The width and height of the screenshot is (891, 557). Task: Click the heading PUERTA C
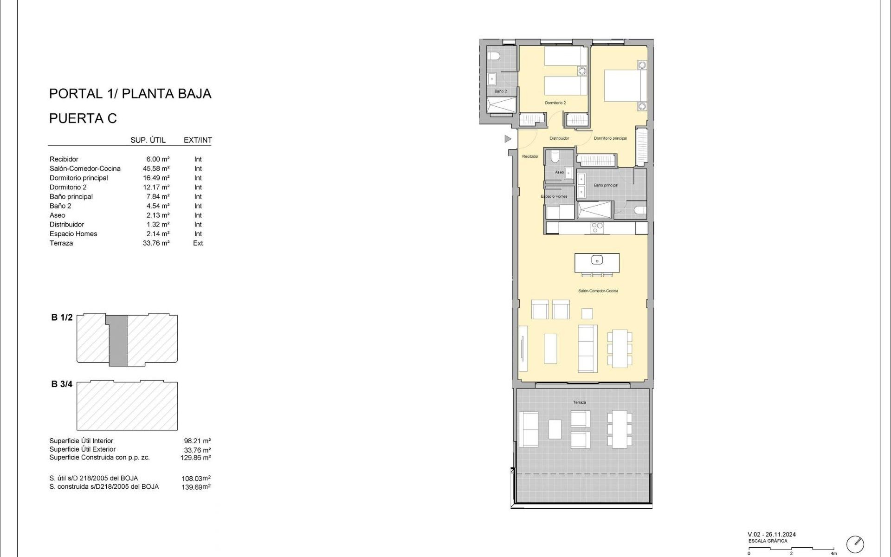(x=83, y=118)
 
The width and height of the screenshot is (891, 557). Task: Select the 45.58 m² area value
(x=156, y=168)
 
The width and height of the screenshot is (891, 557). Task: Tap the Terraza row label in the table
(x=61, y=243)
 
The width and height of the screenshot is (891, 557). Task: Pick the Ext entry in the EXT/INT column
(x=198, y=243)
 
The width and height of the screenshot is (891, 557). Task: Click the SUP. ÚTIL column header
(x=148, y=140)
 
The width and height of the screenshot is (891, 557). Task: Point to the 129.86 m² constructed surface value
(x=195, y=458)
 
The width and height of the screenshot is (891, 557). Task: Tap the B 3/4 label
(x=62, y=384)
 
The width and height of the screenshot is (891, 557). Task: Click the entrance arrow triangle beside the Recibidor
(x=508, y=139)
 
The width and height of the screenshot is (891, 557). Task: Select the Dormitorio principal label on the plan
(x=610, y=138)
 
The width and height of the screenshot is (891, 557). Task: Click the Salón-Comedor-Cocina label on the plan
(x=598, y=291)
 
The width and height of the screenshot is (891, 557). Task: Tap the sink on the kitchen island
(x=597, y=260)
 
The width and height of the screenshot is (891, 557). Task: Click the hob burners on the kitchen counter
(x=597, y=227)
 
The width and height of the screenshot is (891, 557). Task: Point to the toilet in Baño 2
(x=493, y=56)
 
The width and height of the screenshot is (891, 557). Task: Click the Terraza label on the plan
(x=579, y=402)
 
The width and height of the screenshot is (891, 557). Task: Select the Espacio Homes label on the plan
(x=554, y=196)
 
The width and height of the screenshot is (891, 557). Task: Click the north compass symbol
(x=855, y=544)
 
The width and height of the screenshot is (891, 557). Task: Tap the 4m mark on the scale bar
(x=833, y=553)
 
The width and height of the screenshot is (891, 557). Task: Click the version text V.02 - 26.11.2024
(x=771, y=534)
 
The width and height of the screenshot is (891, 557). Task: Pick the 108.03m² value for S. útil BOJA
(x=196, y=478)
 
